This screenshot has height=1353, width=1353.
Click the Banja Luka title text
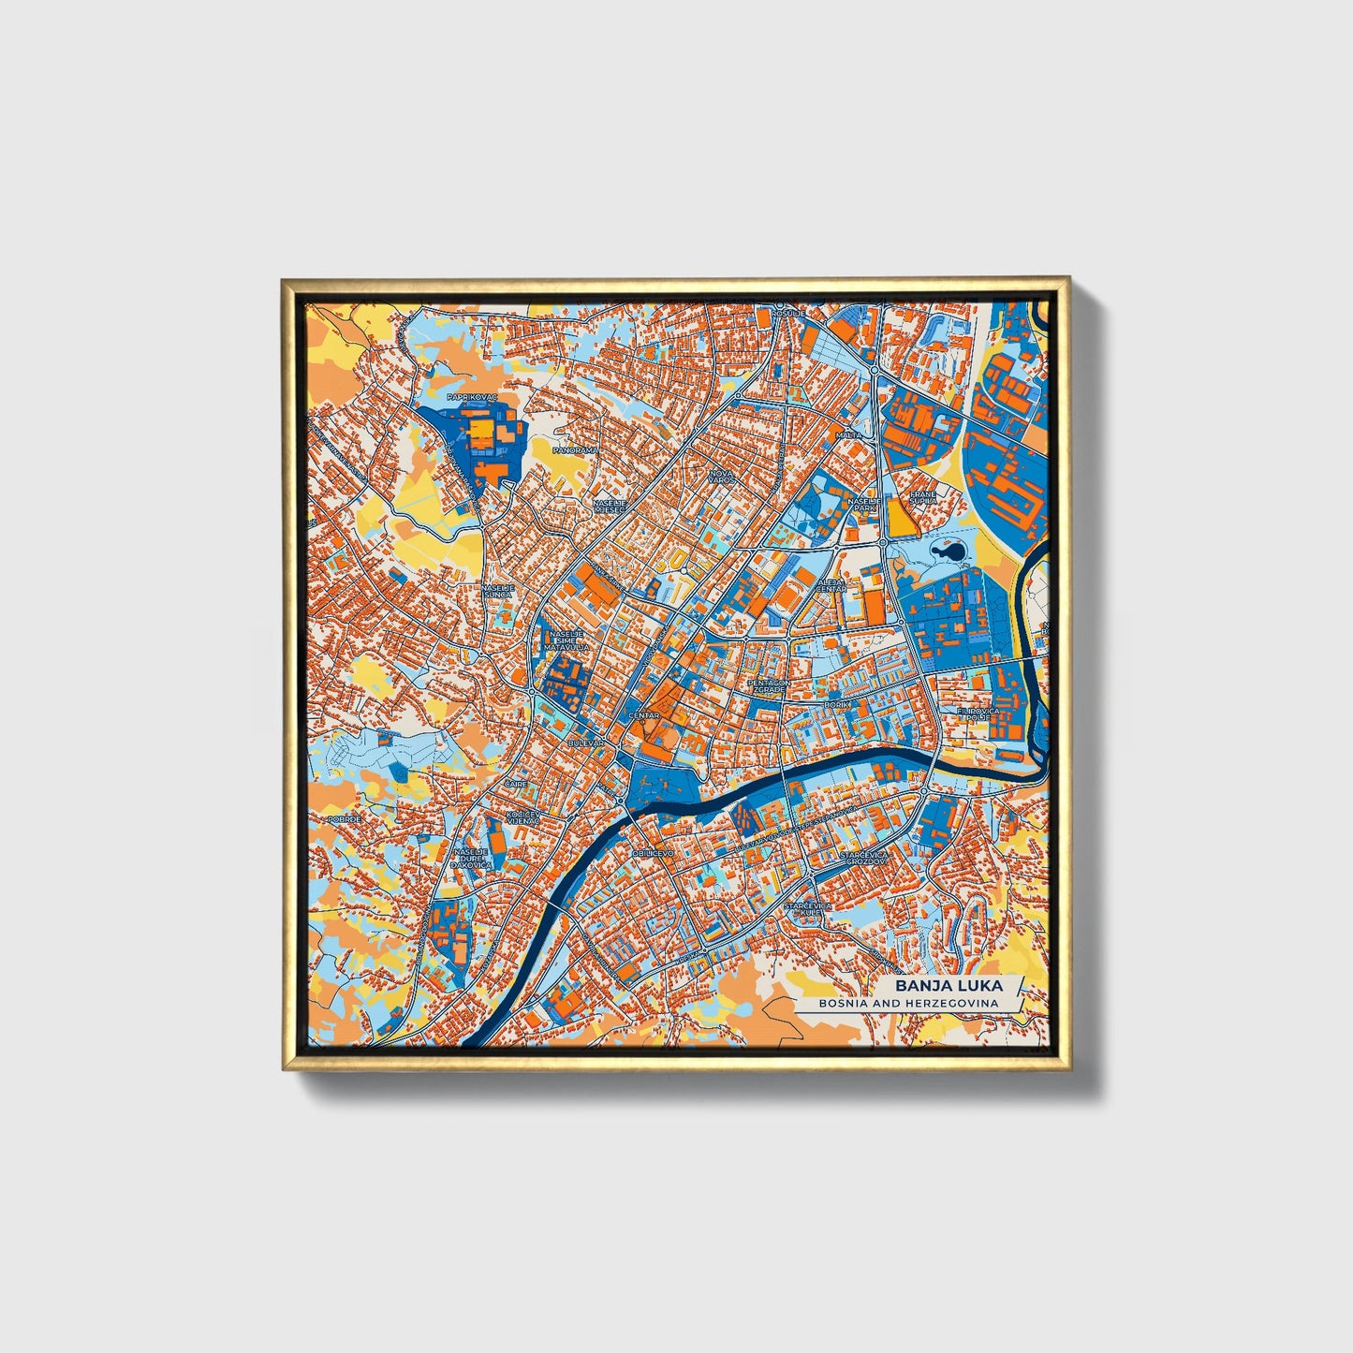(x=948, y=986)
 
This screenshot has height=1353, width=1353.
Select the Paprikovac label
(x=473, y=397)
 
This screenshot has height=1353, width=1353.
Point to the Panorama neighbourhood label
(x=575, y=450)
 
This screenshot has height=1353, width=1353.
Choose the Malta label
(x=848, y=435)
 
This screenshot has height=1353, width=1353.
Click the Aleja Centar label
(x=831, y=585)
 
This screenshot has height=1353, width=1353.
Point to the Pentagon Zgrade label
(x=768, y=686)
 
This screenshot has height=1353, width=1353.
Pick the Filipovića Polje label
(x=973, y=714)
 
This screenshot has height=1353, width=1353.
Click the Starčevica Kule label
(x=807, y=909)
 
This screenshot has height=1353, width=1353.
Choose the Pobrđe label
(x=345, y=818)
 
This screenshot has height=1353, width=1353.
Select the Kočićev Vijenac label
(x=522, y=817)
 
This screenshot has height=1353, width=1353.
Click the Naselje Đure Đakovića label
(x=471, y=859)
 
